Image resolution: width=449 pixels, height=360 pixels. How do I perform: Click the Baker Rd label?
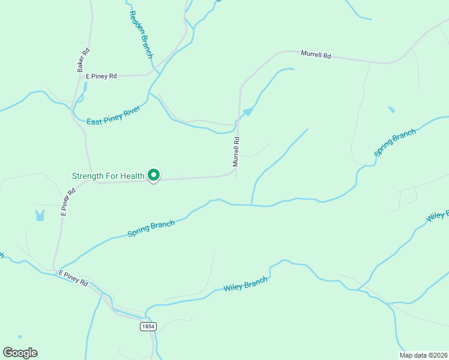click(83, 60)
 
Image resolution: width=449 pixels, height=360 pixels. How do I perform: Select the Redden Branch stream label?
click(140, 35)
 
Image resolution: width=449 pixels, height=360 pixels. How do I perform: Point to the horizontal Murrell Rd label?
click(316, 55)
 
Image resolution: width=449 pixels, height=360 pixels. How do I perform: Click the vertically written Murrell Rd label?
click(237, 152)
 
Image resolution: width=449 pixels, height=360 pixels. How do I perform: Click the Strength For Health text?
click(108, 176)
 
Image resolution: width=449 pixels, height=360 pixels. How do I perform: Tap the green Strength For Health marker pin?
click(154, 175)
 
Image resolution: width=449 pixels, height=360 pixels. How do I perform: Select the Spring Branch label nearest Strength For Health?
click(151, 228)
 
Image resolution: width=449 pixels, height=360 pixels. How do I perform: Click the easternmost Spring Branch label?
click(394, 142)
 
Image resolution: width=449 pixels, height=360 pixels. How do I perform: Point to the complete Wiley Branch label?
click(246, 283)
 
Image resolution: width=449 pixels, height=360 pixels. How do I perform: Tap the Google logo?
click(20, 353)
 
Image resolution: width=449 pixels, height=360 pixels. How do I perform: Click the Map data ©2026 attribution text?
click(424, 355)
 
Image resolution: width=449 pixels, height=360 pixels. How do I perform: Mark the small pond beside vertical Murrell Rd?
click(247, 112)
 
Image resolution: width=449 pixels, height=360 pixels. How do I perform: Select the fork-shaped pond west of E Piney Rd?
click(40, 215)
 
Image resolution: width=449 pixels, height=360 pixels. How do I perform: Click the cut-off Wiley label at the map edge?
click(438, 215)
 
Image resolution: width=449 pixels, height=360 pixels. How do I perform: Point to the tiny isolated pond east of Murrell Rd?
click(391, 109)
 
